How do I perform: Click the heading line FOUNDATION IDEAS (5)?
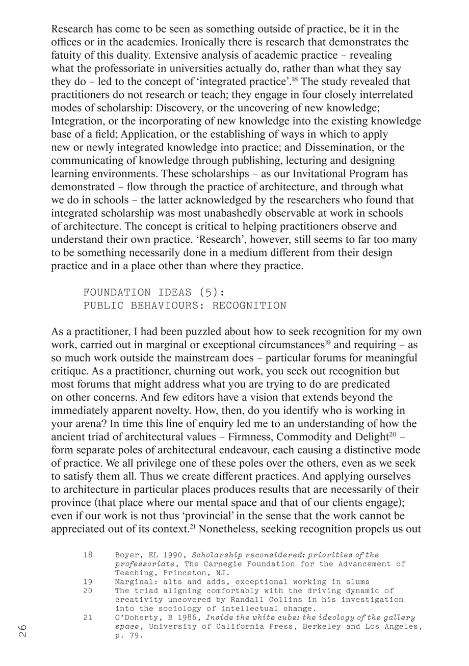(154, 293)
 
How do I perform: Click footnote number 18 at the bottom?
(88, 555)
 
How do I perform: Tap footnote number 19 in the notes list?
(88, 582)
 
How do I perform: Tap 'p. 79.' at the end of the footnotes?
(125, 636)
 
